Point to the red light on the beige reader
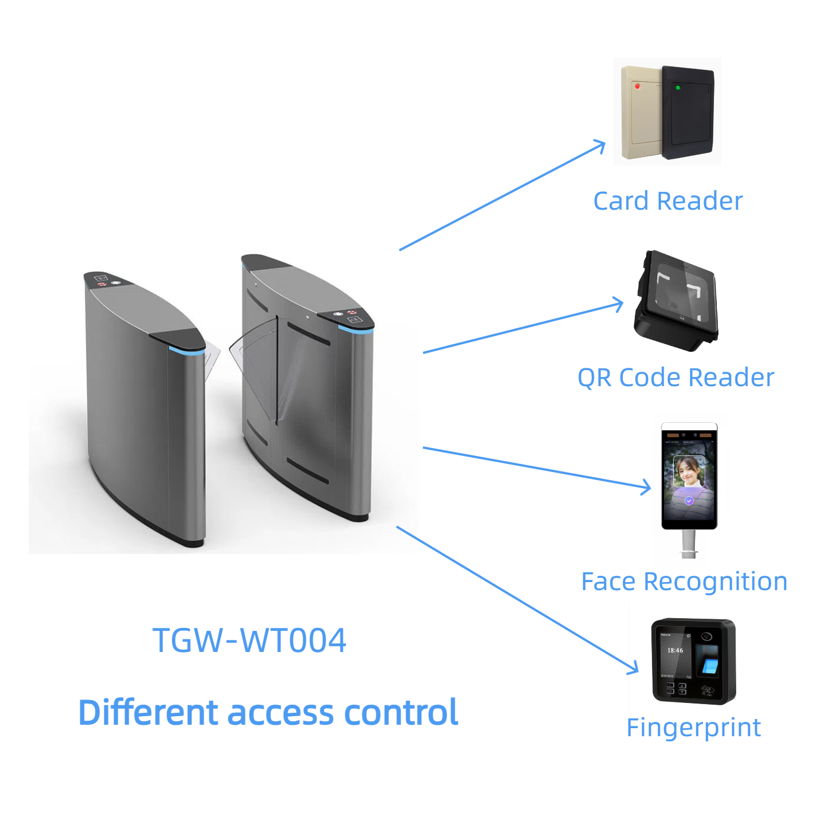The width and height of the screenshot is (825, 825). (638, 86)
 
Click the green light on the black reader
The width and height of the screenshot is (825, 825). (678, 88)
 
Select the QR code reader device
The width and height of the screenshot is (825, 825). (676, 301)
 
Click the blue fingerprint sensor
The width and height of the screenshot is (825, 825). (710, 665)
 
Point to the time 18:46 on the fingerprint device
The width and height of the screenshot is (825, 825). (675, 650)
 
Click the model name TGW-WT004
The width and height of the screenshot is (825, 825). (249, 640)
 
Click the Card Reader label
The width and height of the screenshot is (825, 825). (667, 201)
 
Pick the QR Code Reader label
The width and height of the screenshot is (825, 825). (675, 378)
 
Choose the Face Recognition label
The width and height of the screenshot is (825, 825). (684, 582)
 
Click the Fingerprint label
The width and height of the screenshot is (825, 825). (693, 728)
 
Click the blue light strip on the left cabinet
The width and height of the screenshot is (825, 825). (186, 349)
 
